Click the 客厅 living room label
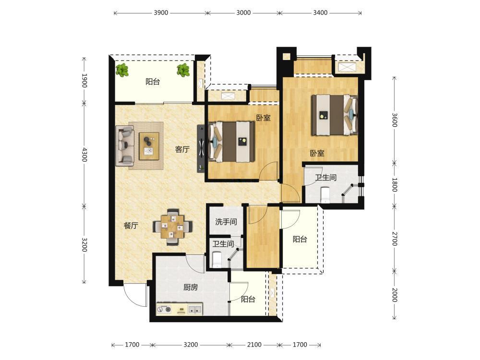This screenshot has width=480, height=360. point(182,149)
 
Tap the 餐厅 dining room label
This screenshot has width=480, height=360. point(131,226)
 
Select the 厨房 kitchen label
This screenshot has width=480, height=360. point(191,287)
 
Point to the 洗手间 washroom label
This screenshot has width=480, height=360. point(226,222)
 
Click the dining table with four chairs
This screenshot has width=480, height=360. point(173,227)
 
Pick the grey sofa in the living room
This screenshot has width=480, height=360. point(125,146)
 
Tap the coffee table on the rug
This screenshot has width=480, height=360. point(149,146)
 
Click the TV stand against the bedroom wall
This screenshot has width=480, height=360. point(201,148)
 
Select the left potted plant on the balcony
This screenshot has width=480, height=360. point(122,71)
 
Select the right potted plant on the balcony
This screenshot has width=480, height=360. point(183,70)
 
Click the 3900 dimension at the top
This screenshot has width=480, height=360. point(161,13)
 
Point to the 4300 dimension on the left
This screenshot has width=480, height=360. point(84,155)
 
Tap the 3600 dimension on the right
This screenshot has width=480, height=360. point(395,120)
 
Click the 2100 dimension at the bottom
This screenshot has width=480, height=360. point(254,345)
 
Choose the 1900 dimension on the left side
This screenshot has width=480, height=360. point(84,81)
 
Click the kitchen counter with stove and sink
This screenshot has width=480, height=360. point(180,309)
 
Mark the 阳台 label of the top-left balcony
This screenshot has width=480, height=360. point(153,82)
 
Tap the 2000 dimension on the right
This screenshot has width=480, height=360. point(395,295)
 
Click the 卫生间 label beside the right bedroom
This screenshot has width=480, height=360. point(326,178)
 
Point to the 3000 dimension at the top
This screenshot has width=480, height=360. point(243,13)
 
